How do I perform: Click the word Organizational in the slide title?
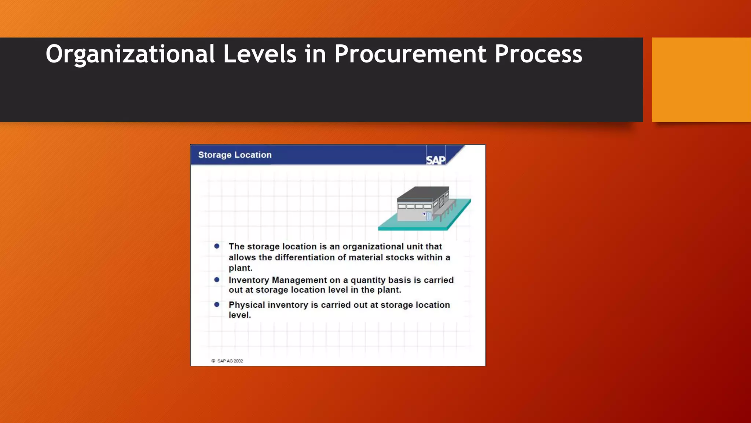pyautogui.click(x=130, y=54)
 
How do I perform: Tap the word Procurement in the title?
pyautogui.click(x=410, y=54)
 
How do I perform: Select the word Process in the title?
pyautogui.click(x=538, y=54)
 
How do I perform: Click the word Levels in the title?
pyautogui.click(x=260, y=54)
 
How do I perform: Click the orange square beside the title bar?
pyautogui.click(x=701, y=79)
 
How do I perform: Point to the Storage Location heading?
pyautogui.click(x=235, y=155)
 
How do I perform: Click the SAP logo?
pyautogui.click(x=436, y=160)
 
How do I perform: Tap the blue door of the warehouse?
pyautogui.click(x=429, y=216)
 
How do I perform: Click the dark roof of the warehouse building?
pyautogui.click(x=422, y=194)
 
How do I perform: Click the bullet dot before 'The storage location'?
pyautogui.click(x=217, y=246)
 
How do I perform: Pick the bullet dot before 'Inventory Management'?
pyautogui.click(x=217, y=280)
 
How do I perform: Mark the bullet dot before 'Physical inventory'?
pyautogui.click(x=217, y=304)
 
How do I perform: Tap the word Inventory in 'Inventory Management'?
pyautogui.click(x=249, y=280)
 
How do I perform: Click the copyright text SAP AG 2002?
pyautogui.click(x=230, y=361)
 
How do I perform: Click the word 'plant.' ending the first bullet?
pyautogui.click(x=241, y=268)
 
